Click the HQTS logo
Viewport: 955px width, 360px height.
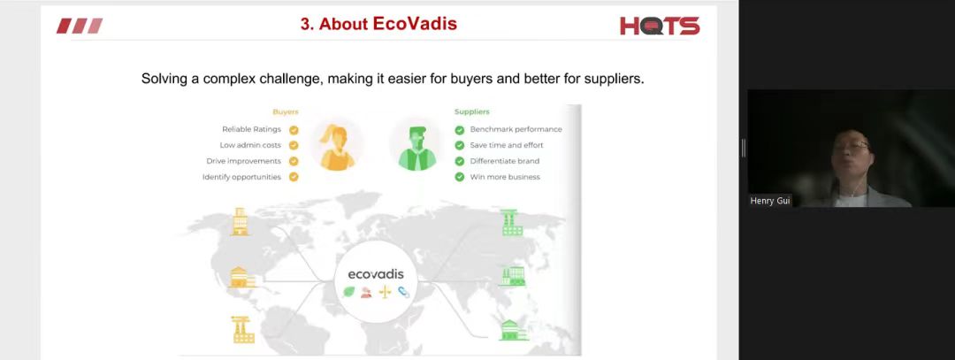coord(660,26)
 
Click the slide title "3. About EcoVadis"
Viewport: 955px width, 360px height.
coord(378,24)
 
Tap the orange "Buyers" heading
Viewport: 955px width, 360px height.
coord(286,112)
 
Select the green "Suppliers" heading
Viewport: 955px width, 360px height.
coord(472,112)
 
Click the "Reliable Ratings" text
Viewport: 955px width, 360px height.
coord(251,129)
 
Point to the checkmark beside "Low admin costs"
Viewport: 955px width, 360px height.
coord(294,146)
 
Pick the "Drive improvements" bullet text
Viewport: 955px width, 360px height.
coord(244,161)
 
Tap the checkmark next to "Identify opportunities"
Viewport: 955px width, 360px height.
coord(294,177)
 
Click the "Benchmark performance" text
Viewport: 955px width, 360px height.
coord(516,129)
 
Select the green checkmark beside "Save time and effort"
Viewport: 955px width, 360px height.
coord(459,146)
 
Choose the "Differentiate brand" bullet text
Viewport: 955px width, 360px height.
coord(504,161)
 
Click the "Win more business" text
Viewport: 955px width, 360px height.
coord(505,177)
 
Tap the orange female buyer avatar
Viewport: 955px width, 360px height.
coord(338,147)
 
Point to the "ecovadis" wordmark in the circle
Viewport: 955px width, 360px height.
coord(376,274)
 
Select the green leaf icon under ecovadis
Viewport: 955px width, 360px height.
coord(349,292)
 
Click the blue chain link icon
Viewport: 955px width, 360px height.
coord(404,292)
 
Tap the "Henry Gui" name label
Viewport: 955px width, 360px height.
coord(770,201)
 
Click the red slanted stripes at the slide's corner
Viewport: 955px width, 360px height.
coord(80,26)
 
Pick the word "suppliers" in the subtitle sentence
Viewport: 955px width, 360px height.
coord(615,80)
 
